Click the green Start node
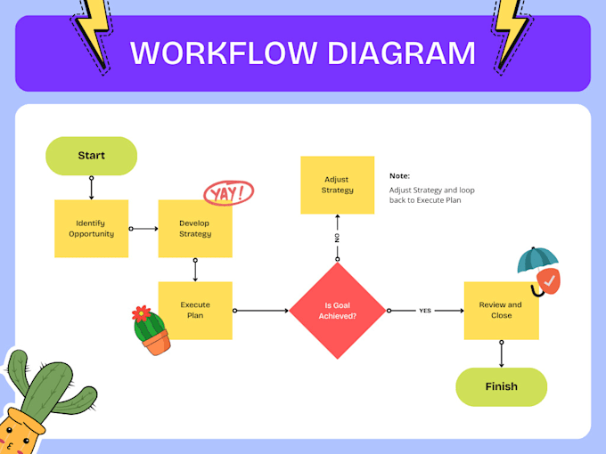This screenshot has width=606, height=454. pyautogui.click(x=91, y=156)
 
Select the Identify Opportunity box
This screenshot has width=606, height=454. pyautogui.click(x=91, y=228)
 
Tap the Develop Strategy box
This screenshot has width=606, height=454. pyautogui.click(x=195, y=228)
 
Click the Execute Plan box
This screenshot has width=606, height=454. pyautogui.click(x=195, y=311)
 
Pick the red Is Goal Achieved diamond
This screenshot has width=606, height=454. pyautogui.click(x=338, y=311)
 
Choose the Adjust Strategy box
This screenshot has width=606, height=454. pyautogui.click(x=338, y=185)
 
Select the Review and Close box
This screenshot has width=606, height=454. pyautogui.click(x=501, y=311)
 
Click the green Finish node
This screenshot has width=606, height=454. pyautogui.click(x=501, y=387)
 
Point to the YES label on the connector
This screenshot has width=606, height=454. pyautogui.click(x=425, y=311)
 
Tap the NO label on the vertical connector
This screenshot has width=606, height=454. pyautogui.click(x=338, y=239)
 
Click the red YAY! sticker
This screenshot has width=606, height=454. pyautogui.click(x=229, y=191)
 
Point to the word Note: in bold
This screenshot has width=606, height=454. pyautogui.click(x=399, y=176)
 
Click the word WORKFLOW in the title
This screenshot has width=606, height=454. pyautogui.click(x=222, y=53)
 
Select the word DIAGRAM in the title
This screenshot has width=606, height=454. pyautogui.click(x=401, y=53)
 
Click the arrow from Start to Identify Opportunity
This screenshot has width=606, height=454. pyautogui.click(x=91, y=187)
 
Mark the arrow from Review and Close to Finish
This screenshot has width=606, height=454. pyautogui.click(x=501, y=353)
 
